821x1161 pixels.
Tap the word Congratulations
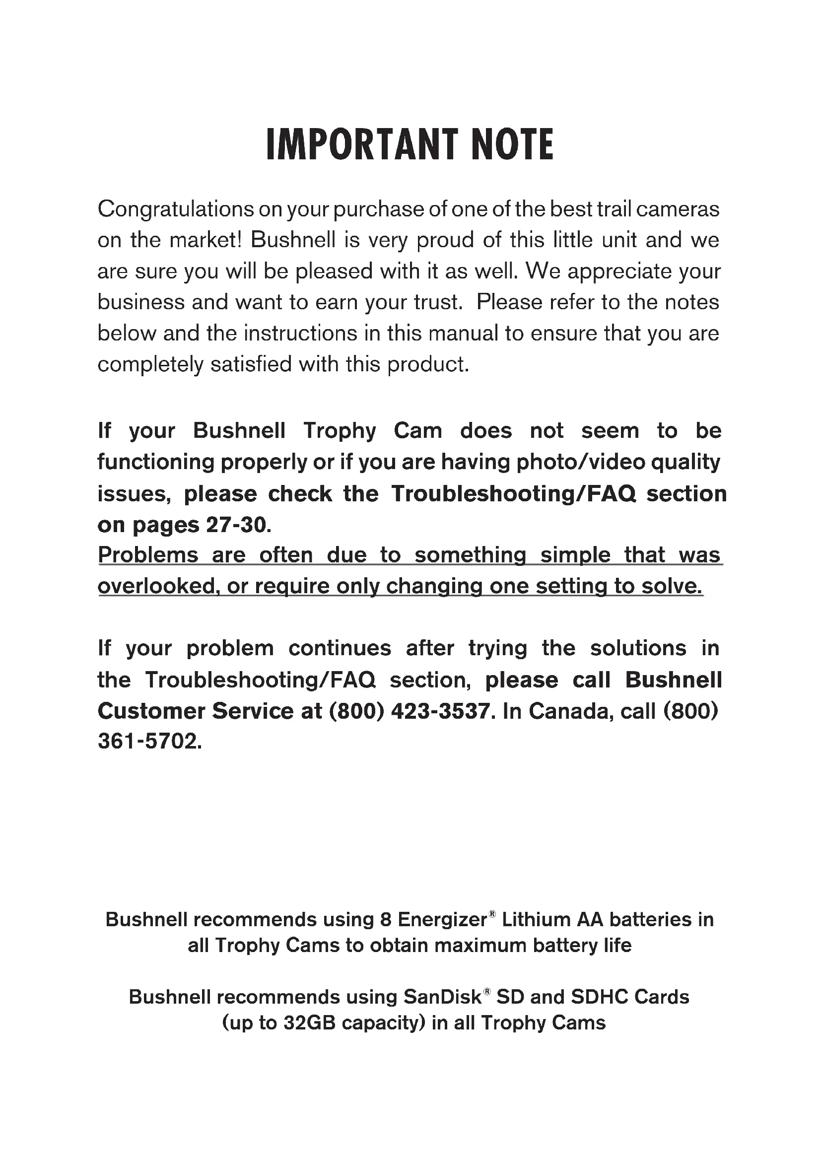pos(175,209)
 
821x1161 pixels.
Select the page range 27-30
pos(236,525)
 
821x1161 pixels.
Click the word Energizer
pos(442,919)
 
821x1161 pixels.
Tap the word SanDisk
pos(442,997)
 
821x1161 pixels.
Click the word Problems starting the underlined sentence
pos(147,555)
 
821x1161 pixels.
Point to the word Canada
pos(571,711)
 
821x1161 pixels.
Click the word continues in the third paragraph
pos(340,648)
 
